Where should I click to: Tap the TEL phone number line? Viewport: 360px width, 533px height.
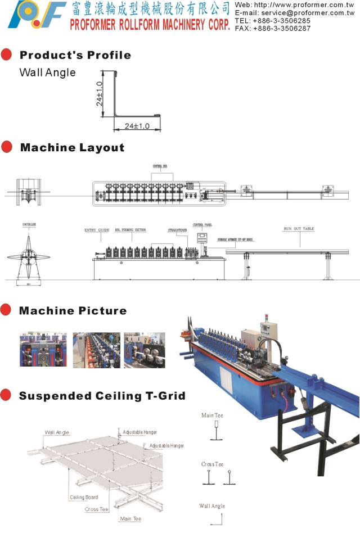[272, 21]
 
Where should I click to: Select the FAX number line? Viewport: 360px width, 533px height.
[272, 28]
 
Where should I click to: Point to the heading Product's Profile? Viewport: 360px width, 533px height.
[75, 55]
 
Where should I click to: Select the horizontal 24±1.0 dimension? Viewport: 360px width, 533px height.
[137, 127]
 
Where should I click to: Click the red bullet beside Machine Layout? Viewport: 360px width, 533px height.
[7, 147]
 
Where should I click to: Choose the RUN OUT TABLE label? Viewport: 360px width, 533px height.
[299, 229]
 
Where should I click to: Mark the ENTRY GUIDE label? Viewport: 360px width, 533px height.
[97, 230]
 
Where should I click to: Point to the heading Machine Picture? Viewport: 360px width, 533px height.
[73, 311]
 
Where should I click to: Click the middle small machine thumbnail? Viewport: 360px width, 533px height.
[96, 349]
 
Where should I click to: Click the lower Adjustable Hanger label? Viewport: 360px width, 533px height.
[166, 445]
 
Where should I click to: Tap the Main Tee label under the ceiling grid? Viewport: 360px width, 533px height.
[130, 518]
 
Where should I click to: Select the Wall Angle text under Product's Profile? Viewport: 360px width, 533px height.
[47, 73]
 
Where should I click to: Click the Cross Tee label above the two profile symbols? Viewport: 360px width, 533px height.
[212, 464]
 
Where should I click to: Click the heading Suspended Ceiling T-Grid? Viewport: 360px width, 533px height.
[102, 396]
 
